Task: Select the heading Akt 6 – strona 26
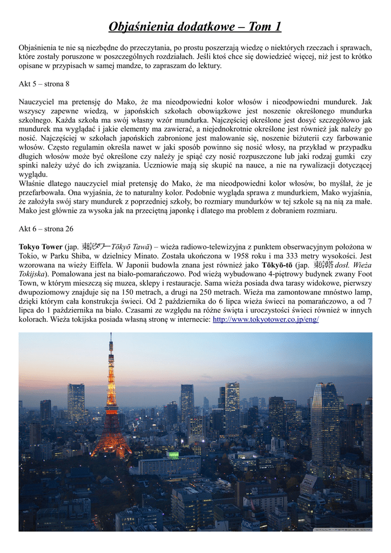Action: click(46, 228)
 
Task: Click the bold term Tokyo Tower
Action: click(41, 247)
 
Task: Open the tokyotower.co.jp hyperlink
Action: click(266, 319)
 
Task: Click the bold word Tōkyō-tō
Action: click(277, 265)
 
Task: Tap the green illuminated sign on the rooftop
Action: click(173, 456)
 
